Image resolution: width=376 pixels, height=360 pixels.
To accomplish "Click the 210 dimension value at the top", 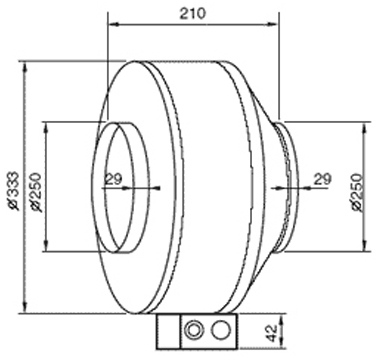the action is click(x=193, y=14).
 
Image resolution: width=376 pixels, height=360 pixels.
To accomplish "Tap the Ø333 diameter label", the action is click(x=13, y=191).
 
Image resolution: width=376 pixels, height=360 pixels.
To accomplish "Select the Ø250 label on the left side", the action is click(x=36, y=192).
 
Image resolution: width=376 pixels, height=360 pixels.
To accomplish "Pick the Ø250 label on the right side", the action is click(x=356, y=192).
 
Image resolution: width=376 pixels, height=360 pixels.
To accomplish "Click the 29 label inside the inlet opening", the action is click(x=114, y=179).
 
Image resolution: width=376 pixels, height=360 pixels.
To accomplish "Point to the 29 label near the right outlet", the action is click(x=323, y=179).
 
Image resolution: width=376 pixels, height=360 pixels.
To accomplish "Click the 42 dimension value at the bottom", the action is click(x=272, y=333).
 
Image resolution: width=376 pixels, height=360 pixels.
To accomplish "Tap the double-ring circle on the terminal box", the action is click(x=194, y=331).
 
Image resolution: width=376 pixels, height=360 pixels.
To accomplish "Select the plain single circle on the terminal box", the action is click(x=221, y=331).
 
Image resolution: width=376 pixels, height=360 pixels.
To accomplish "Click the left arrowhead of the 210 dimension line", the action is click(x=113, y=24).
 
